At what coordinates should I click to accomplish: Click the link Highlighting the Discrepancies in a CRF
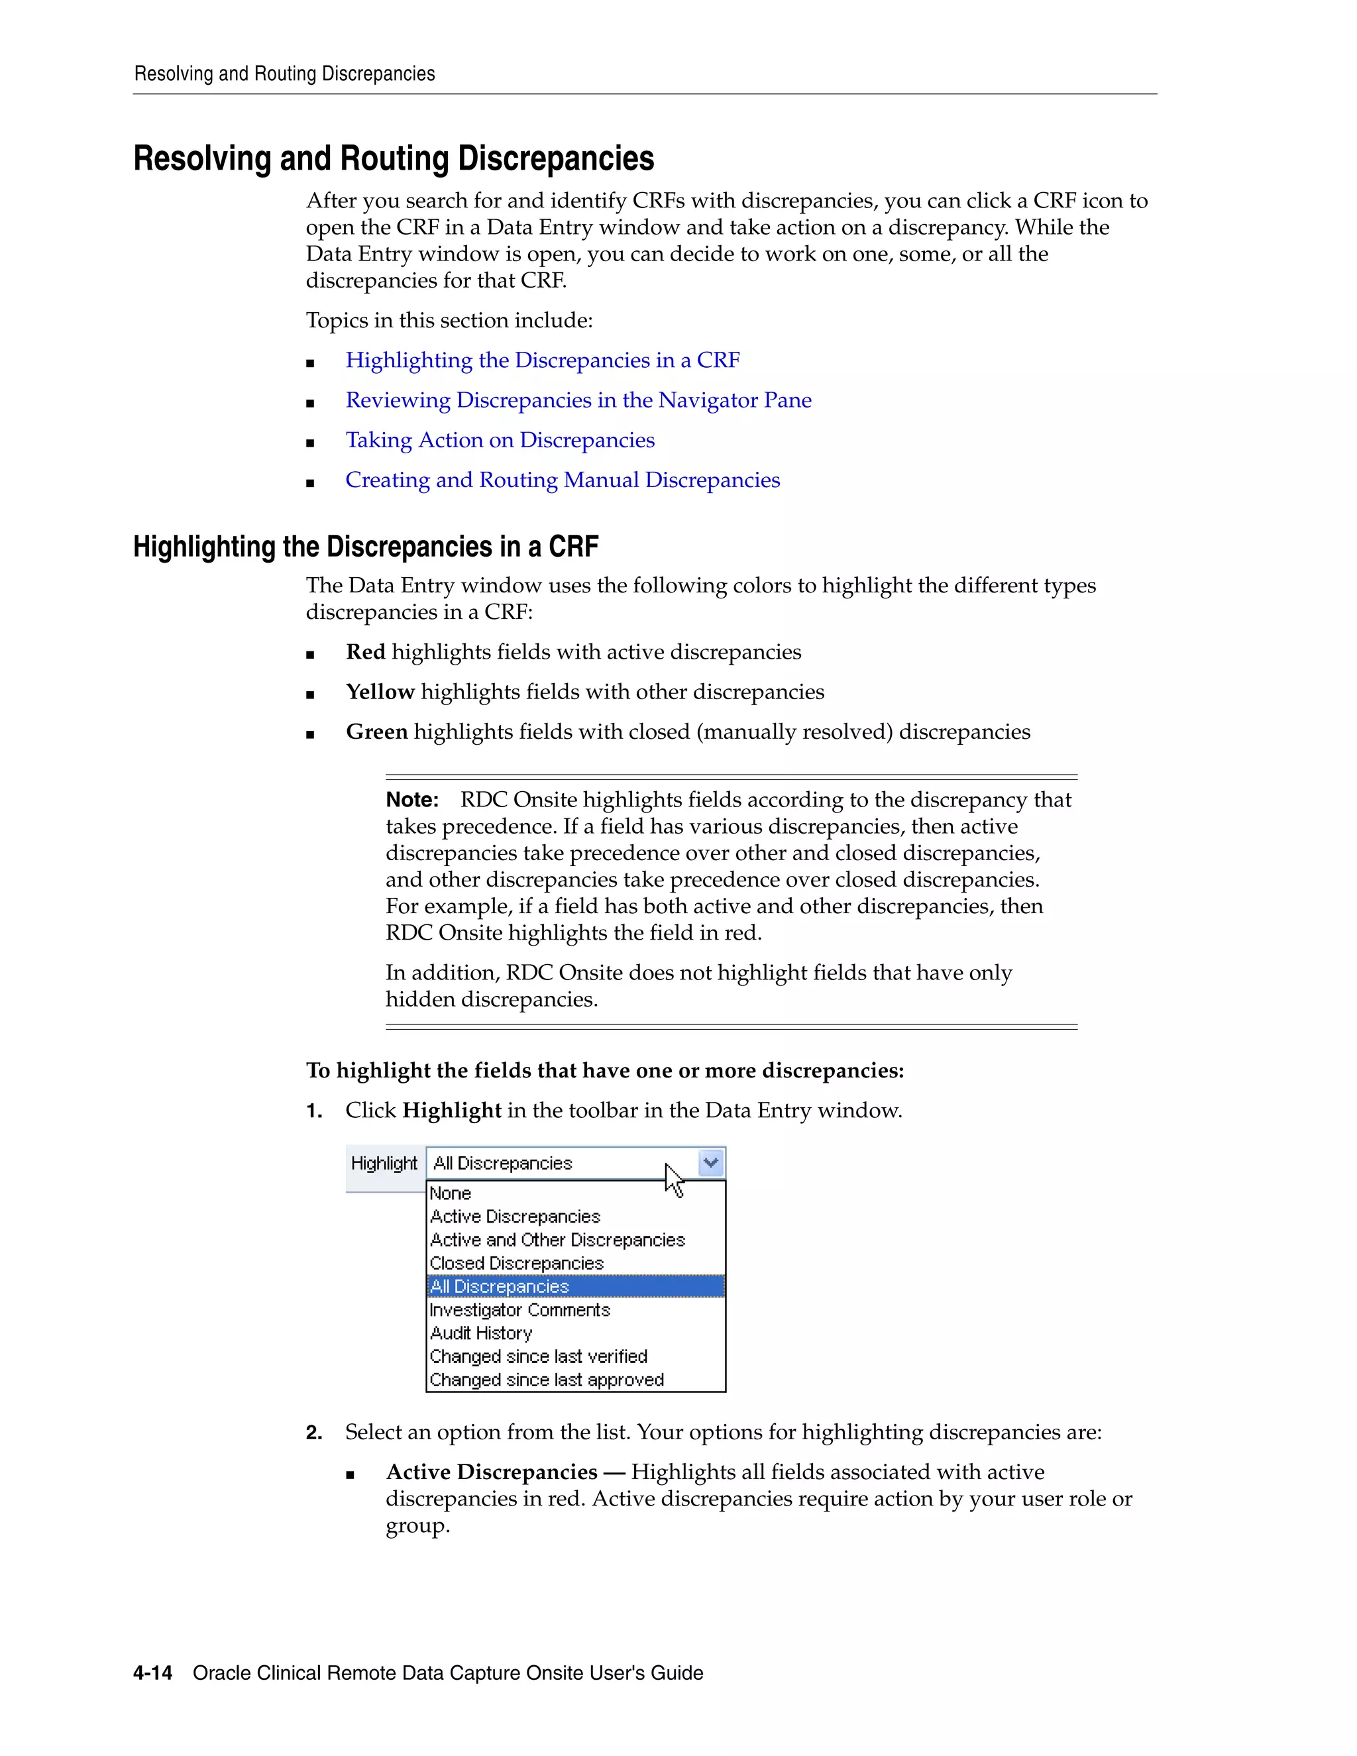click(x=543, y=360)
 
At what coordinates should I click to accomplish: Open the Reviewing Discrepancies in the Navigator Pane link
click(x=578, y=400)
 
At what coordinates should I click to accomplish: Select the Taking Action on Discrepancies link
click(x=500, y=441)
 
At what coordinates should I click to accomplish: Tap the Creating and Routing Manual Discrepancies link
click(x=563, y=480)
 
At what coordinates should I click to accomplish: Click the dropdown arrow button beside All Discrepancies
click(x=711, y=1163)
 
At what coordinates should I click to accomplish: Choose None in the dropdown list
click(x=450, y=1194)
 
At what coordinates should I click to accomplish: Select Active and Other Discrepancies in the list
click(x=557, y=1240)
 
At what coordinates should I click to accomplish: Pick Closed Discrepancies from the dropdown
click(x=516, y=1264)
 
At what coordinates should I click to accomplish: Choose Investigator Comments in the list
click(x=519, y=1311)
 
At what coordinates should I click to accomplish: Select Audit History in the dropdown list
click(x=481, y=1334)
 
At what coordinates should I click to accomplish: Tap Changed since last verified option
click(x=538, y=1357)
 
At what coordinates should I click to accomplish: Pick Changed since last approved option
click(x=547, y=1380)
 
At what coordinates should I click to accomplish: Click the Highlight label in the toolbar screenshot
click(x=384, y=1164)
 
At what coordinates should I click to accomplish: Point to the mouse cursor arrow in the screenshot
click(x=674, y=1180)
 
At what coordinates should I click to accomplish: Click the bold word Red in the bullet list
click(x=366, y=652)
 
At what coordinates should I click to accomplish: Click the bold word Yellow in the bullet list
click(x=380, y=692)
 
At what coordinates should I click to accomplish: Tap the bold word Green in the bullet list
click(x=377, y=732)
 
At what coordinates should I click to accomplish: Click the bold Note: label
click(x=412, y=800)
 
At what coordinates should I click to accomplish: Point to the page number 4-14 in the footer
click(x=153, y=1673)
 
